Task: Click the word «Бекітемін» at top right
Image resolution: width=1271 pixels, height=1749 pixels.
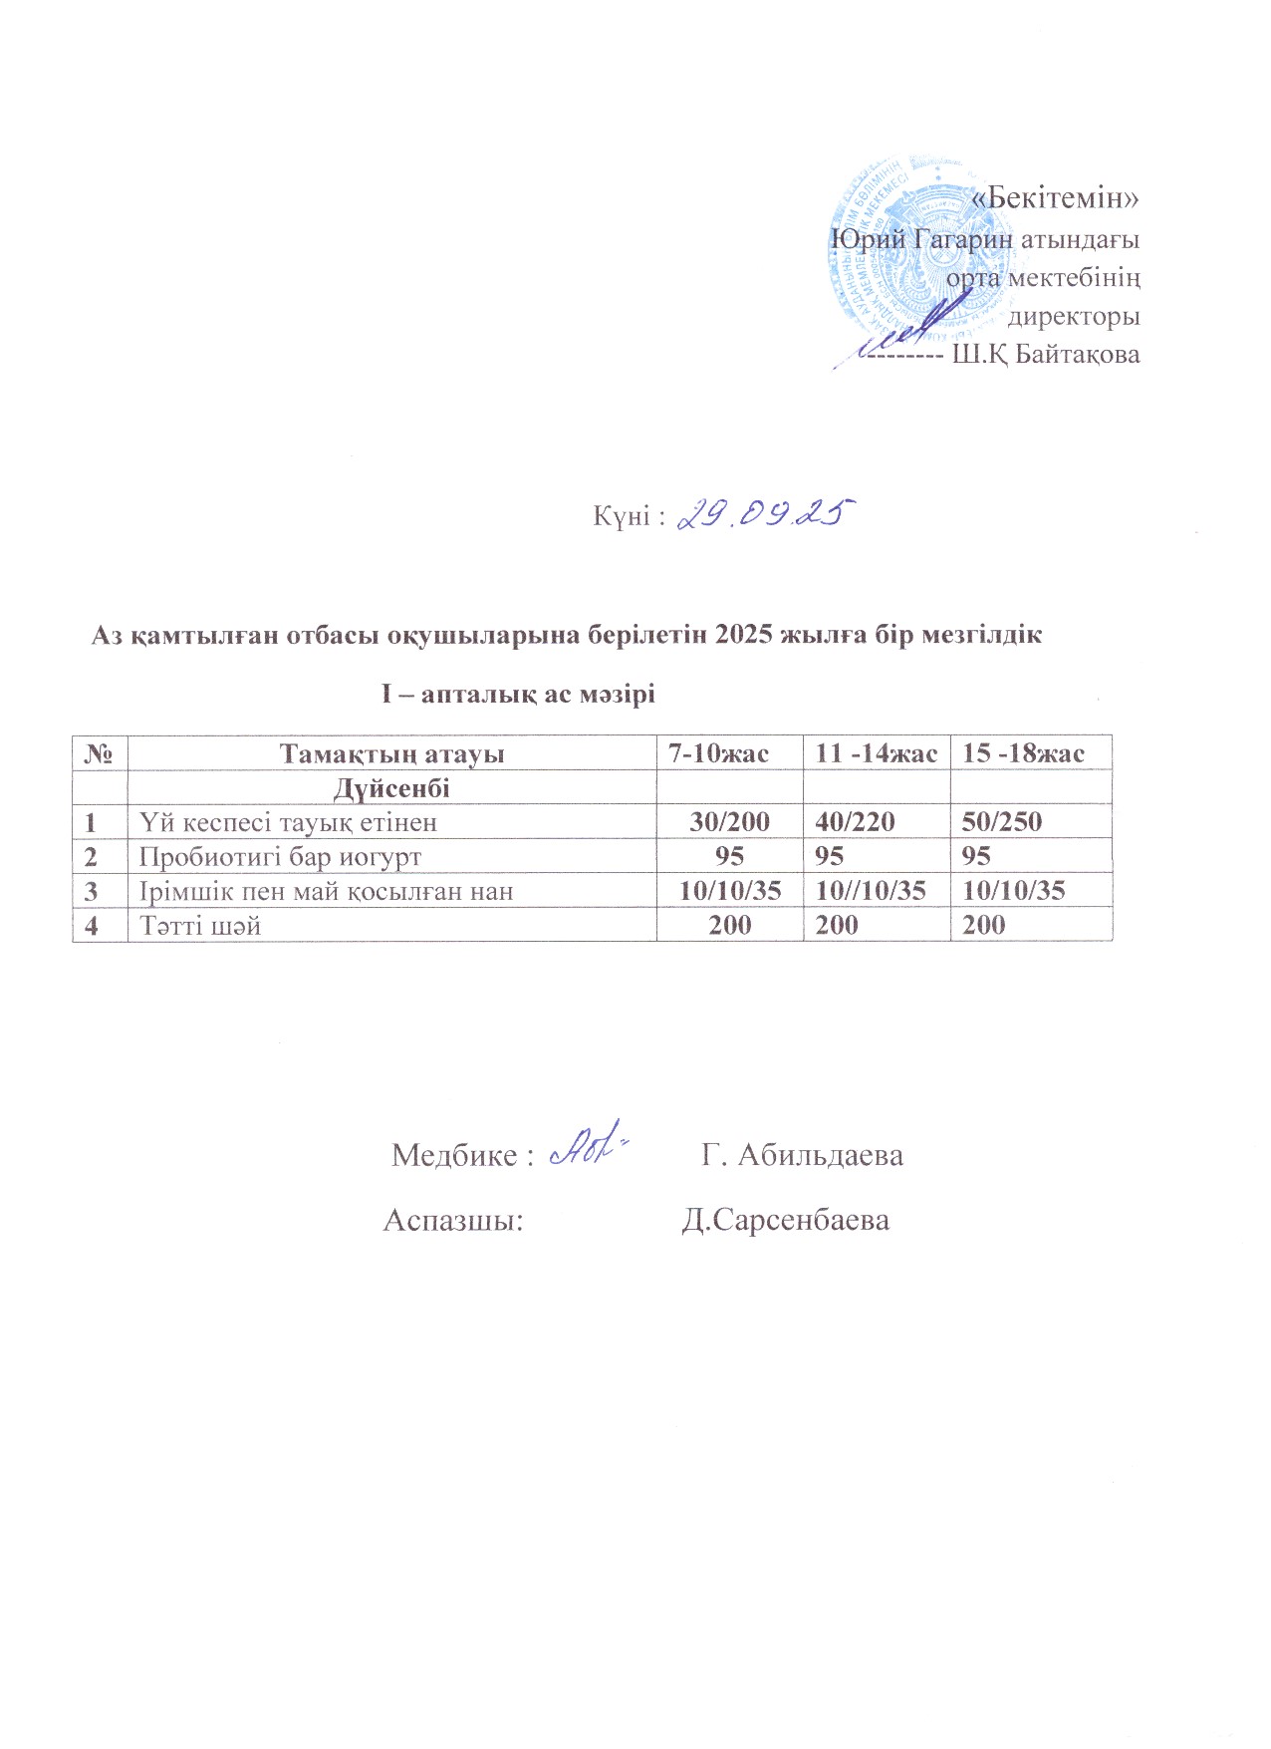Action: pyautogui.click(x=1055, y=198)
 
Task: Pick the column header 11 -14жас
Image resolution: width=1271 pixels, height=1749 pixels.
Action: pyautogui.click(x=876, y=753)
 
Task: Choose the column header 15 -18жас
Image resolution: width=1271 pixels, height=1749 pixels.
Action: pyautogui.click(x=1023, y=753)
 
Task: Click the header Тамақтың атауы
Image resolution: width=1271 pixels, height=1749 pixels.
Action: pyautogui.click(x=391, y=753)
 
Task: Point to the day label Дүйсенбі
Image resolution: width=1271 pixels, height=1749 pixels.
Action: pyautogui.click(x=391, y=789)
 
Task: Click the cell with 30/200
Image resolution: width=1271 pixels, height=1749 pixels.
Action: pyautogui.click(x=730, y=822)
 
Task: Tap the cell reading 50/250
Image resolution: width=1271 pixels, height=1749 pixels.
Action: pyautogui.click(x=1002, y=822)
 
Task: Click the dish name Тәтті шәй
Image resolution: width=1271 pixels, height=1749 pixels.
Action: pyautogui.click(x=200, y=925)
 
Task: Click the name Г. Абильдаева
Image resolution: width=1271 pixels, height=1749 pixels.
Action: pyautogui.click(x=802, y=1155)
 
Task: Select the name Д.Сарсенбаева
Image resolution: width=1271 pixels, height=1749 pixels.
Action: pyautogui.click(x=785, y=1220)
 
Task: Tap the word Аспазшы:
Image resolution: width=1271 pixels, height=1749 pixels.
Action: pyautogui.click(x=453, y=1220)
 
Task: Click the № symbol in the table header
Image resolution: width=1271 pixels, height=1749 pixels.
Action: pyautogui.click(x=99, y=753)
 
